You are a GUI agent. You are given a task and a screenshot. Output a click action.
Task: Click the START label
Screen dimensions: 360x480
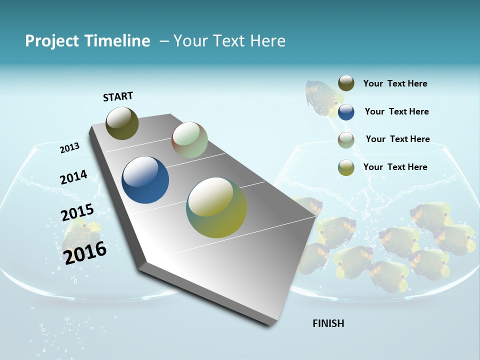tap(118, 96)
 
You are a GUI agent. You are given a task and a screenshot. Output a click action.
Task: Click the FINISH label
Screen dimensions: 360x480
tap(328, 323)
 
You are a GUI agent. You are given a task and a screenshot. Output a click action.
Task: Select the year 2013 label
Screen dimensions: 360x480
tap(69, 147)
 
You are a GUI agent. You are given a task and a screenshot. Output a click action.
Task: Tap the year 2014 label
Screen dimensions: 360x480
tap(73, 177)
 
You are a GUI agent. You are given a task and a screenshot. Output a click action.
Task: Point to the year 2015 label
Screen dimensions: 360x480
tap(77, 212)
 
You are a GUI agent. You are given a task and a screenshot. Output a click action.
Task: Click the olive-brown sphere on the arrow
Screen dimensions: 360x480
tap(122, 123)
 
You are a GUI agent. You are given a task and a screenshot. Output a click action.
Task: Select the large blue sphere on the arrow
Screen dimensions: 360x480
tap(145, 180)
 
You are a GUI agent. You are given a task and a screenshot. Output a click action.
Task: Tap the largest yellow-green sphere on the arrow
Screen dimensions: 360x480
tap(216, 207)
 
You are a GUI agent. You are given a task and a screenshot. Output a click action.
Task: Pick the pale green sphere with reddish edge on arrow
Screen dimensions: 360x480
tap(189, 140)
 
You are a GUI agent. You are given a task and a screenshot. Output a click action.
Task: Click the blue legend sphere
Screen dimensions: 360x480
tap(346, 112)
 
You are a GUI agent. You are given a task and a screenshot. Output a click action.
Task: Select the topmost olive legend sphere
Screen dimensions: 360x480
tap(346, 83)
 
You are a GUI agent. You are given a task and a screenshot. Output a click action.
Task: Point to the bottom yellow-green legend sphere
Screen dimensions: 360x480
tap(346, 167)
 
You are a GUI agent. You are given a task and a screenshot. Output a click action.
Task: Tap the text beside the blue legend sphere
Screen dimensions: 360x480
tap(396, 111)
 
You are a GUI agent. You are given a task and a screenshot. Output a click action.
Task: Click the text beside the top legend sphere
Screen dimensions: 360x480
tap(395, 83)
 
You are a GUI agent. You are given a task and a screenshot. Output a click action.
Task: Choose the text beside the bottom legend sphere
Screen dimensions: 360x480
tap(395, 167)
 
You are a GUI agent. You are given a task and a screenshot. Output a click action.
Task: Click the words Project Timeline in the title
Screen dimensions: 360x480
tap(87, 41)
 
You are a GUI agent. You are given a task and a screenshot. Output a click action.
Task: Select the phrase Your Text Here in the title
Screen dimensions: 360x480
tap(229, 41)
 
